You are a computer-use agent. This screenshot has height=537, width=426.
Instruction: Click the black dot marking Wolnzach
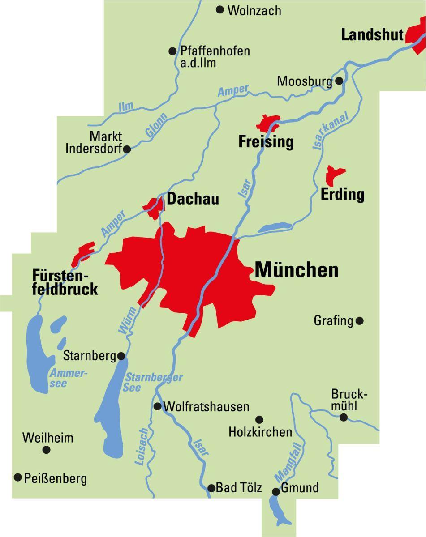(x=220, y=9)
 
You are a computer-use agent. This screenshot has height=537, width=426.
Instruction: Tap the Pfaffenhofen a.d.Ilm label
(x=215, y=56)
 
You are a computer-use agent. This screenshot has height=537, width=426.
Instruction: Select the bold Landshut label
(x=372, y=34)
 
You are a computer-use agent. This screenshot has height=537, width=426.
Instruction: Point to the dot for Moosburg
(x=339, y=81)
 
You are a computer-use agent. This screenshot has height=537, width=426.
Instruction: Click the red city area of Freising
(x=267, y=123)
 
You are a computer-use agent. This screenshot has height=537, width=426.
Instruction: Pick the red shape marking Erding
(x=333, y=175)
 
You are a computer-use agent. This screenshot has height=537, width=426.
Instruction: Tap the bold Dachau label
(x=193, y=198)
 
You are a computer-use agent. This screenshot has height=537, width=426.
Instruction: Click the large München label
(x=297, y=270)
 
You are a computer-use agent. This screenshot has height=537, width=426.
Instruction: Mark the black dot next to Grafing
(x=359, y=321)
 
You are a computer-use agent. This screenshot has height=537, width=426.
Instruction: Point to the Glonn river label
(x=156, y=125)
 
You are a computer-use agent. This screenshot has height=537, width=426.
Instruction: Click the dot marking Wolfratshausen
(x=158, y=406)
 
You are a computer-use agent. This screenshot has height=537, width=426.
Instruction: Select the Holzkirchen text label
(x=260, y=432)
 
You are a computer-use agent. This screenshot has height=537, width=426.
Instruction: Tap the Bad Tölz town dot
(x=211, y=488)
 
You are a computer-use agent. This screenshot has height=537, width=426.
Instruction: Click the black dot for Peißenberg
(x=18, y=477)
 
